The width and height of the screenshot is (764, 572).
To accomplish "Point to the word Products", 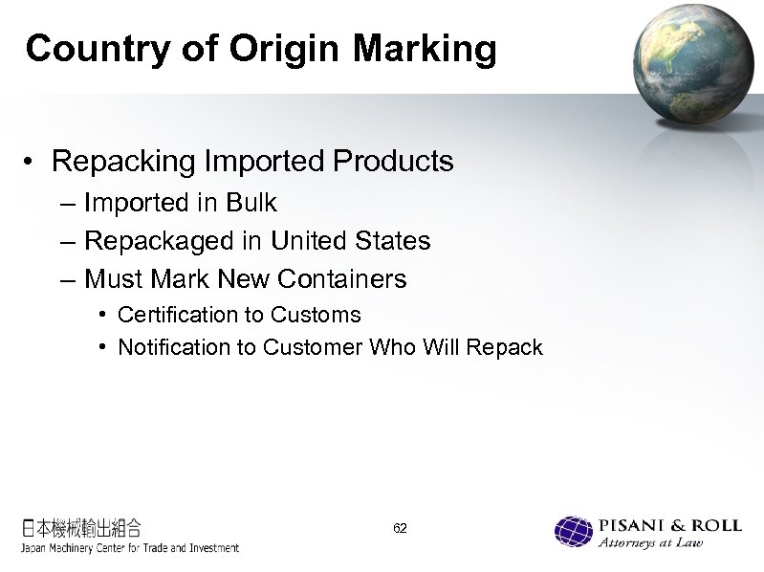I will (392, 162).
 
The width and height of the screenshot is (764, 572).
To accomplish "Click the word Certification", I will (175, 315).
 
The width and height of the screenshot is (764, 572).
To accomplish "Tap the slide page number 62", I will (401, 528).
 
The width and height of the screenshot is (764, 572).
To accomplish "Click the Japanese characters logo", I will (82, 527).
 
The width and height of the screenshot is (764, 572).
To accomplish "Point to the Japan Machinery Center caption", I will (130, 548).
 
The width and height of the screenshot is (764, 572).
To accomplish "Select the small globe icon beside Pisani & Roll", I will (574, 533).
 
